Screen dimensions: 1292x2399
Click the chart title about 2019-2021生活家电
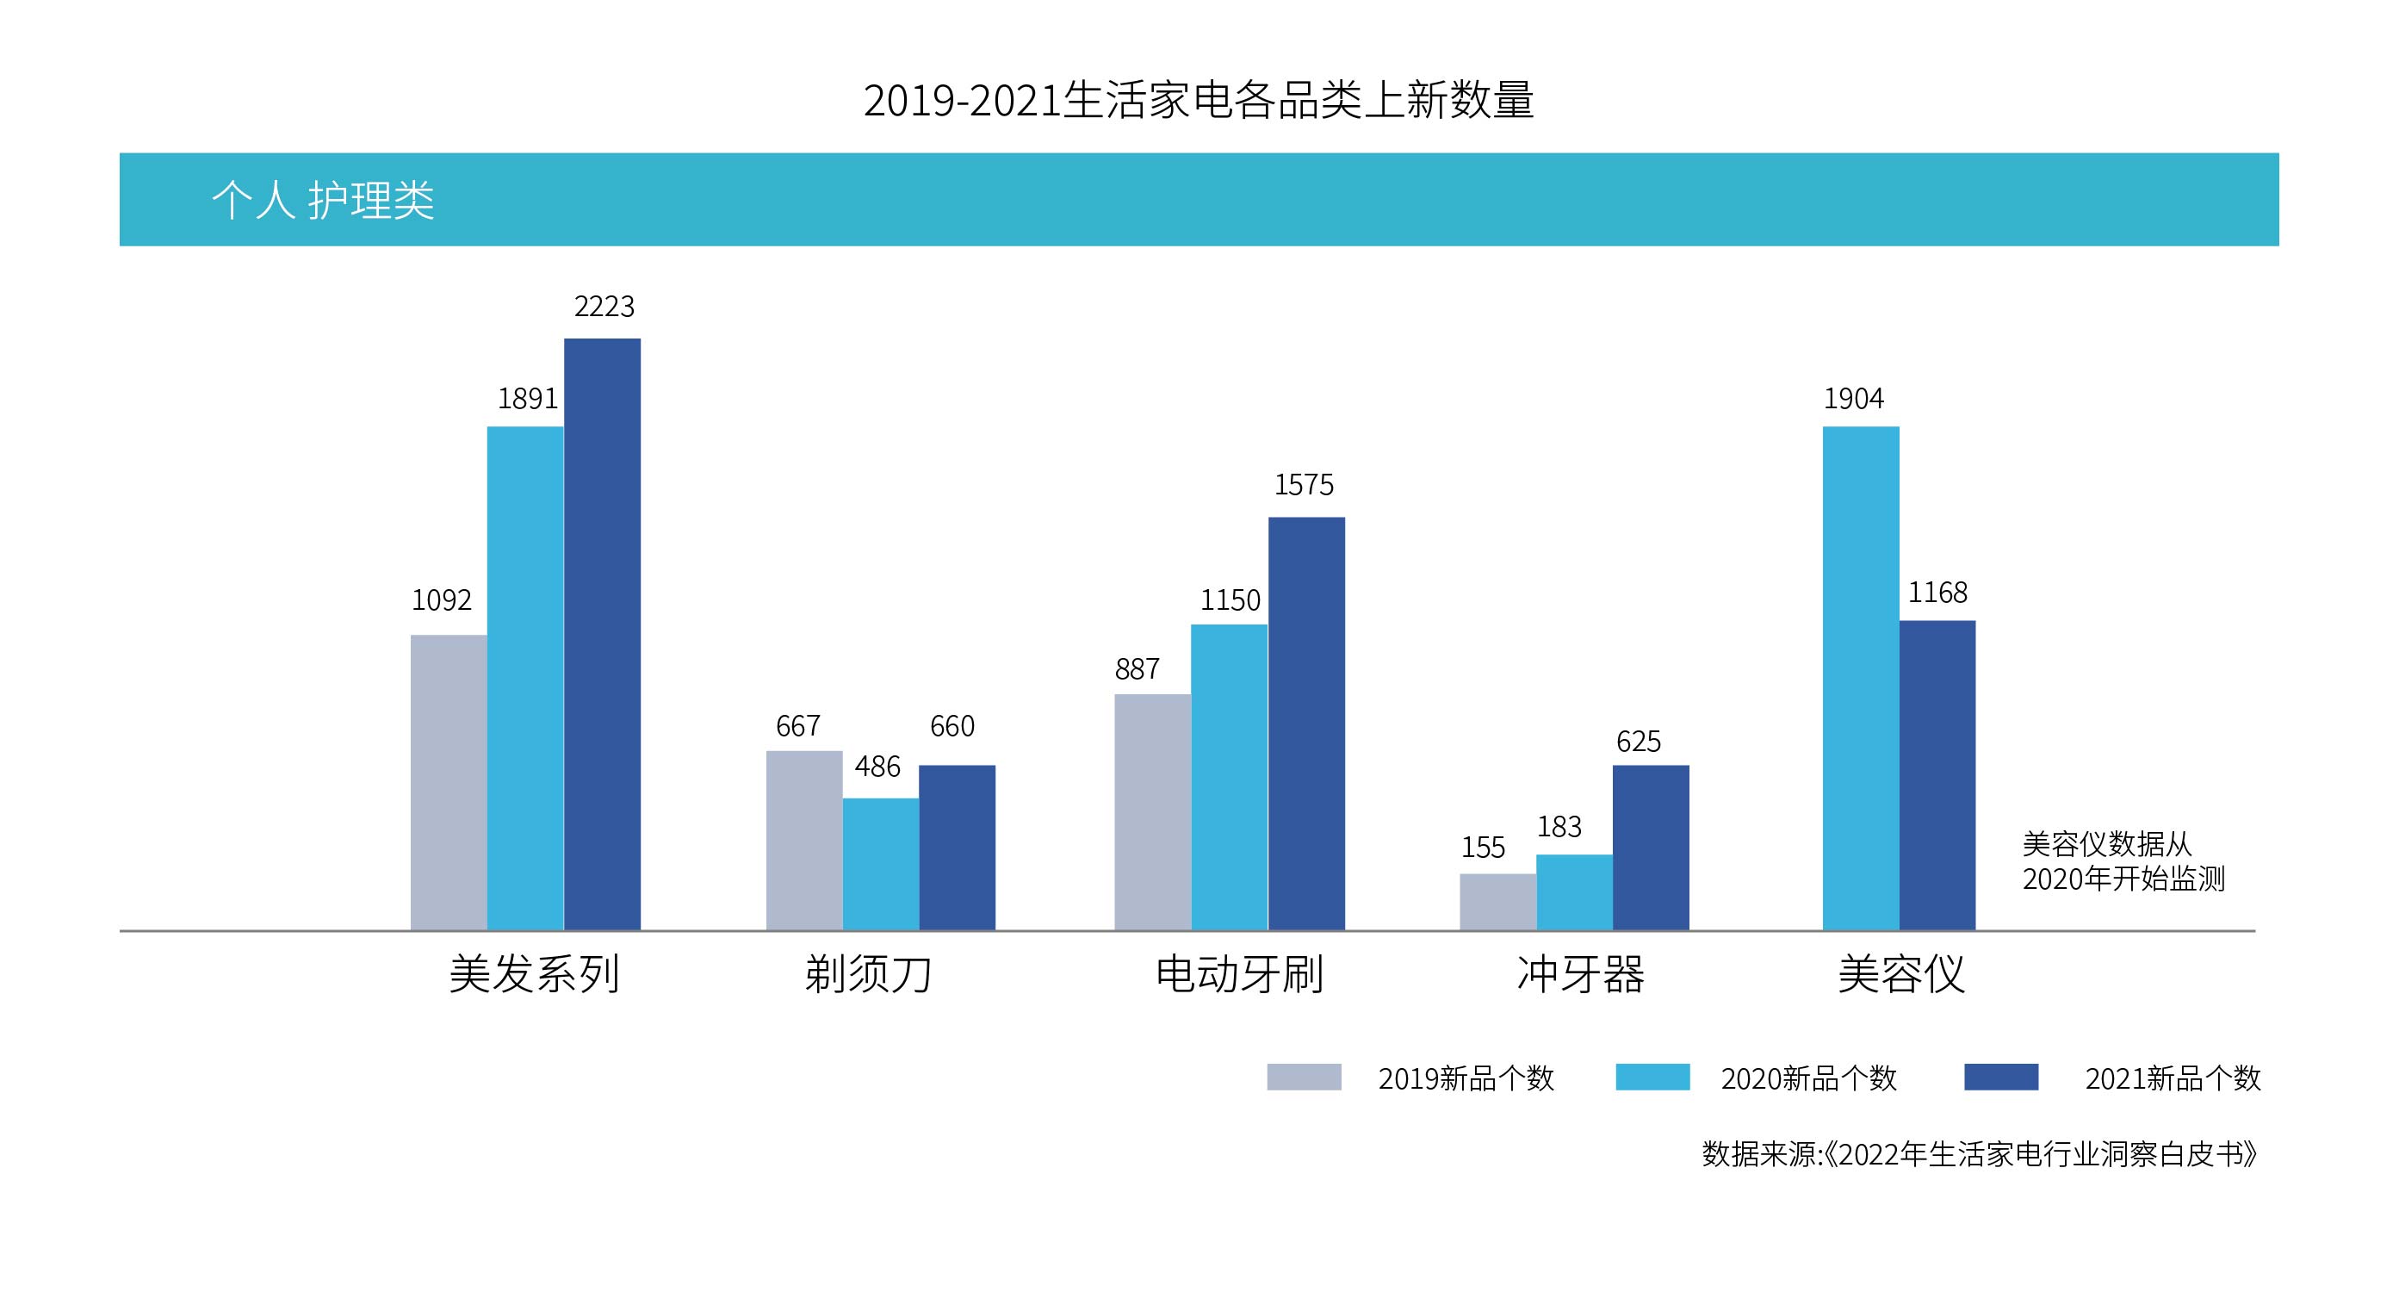(1199, 101)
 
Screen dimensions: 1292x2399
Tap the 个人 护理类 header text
(322, 199)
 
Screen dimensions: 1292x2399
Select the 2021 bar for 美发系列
(602, 633)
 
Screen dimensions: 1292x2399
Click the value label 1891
(527, 399)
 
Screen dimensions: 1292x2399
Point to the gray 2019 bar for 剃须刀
(803, 840)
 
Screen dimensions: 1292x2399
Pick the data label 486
(877, 767)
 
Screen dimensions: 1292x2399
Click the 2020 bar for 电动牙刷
(1229, 777)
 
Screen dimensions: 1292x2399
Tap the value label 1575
(1303, 484)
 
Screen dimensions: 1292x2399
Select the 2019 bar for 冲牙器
(1497, 902)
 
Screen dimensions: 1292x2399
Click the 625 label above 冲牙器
(1638, 742)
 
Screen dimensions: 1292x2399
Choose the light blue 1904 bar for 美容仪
(1860, 678)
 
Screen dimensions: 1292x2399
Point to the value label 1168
(1937, 593)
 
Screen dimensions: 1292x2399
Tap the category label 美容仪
(1900, 974)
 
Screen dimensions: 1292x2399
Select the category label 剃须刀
(869, 974)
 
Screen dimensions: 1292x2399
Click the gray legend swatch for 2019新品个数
(1304, 1077)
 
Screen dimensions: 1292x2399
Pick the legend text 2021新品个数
(2173, 1078)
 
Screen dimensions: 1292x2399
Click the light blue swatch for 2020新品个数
(1652, 1077)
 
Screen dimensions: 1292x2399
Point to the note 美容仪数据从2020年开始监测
(2123, 861)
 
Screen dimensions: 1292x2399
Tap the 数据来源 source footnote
(1979, 1154)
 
